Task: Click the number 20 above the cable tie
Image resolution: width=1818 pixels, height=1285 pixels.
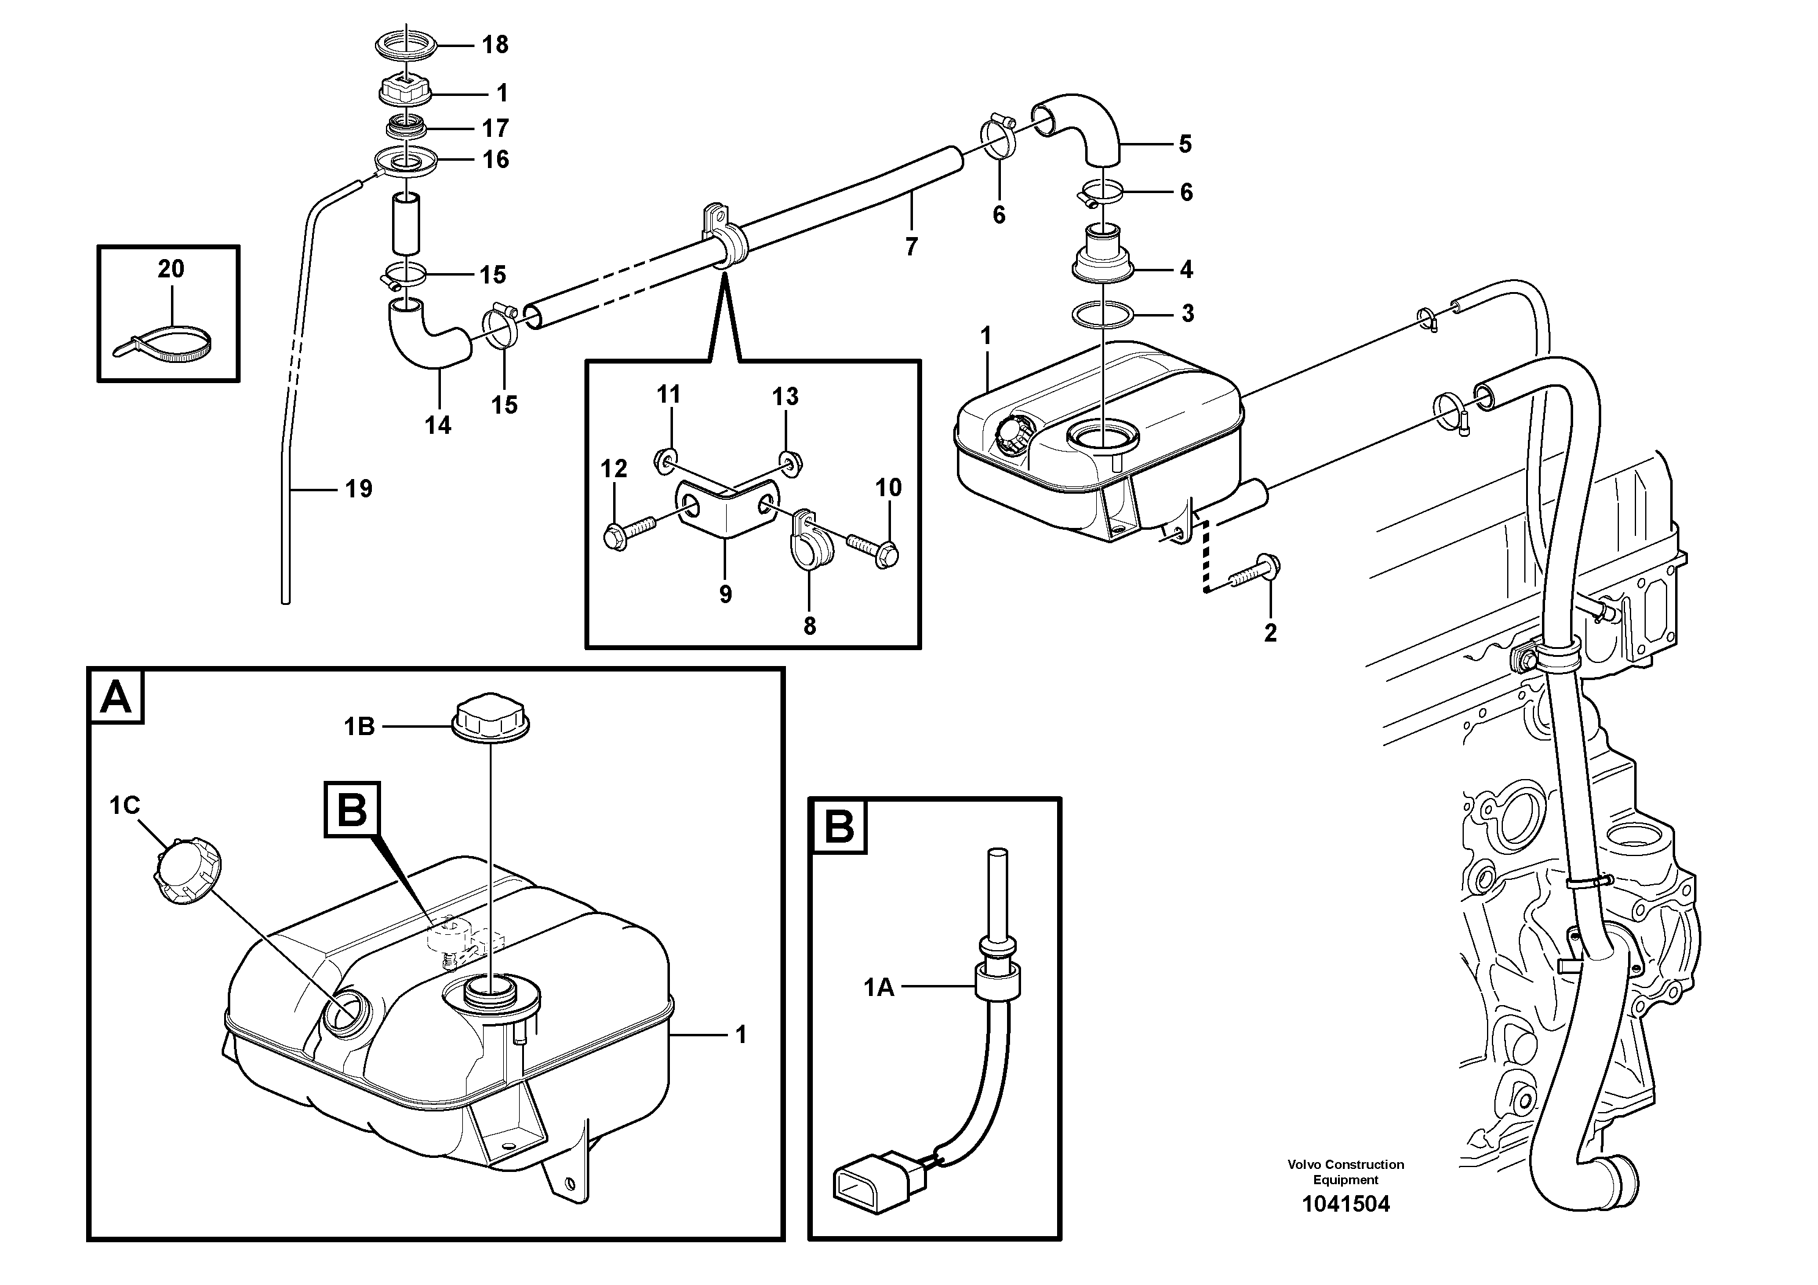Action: pos(170,269)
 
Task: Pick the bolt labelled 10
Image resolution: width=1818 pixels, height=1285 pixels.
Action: pos(875,550)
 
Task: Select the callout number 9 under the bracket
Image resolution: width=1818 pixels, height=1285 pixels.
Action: pos(725,594)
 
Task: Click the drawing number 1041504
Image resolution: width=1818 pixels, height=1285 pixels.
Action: pos(1345,1205)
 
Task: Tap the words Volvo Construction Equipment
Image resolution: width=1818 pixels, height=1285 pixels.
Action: pos(1345,1172)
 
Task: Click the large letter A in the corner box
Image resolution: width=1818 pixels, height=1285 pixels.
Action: pos(117,698)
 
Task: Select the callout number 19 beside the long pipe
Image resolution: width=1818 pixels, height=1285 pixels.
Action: pos(358,489)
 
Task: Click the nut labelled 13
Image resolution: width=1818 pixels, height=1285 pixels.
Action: pos(788,461)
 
